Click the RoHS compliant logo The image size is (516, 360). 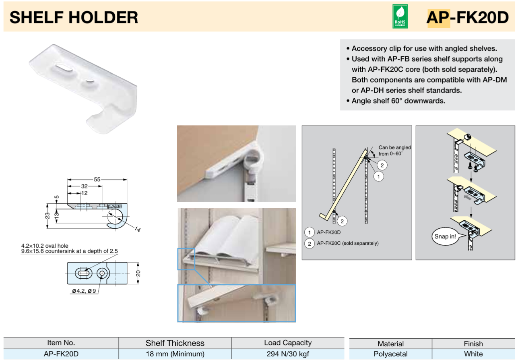point(400,17)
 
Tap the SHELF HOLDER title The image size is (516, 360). point(74,17)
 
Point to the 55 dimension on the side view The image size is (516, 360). point(97,180)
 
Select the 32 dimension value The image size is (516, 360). point(85,186)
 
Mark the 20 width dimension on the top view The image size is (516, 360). point(138,273)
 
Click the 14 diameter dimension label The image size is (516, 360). point(137,229)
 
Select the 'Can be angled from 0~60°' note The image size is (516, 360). point(394,151)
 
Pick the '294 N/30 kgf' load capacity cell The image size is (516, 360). point(287,354)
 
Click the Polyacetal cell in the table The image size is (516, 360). point(390,354)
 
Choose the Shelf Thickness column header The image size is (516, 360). point(175,343)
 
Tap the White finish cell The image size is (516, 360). point(473,354)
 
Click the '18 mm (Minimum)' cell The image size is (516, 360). point(175,354)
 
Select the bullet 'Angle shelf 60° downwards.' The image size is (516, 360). point(398,101)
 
